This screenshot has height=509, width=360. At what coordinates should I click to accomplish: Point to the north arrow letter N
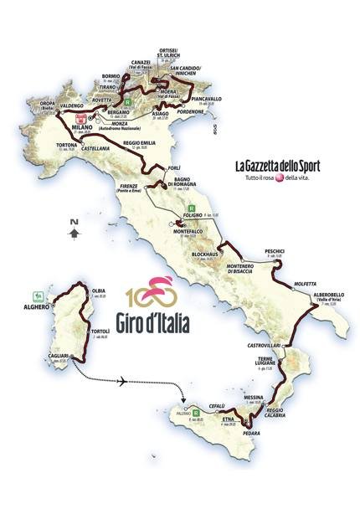pyautogui.click(x=75, y=222)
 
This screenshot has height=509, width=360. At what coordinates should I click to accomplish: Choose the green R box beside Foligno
pyautogui.click(x=192, y=208)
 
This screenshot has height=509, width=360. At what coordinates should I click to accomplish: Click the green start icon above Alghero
pyautogui.click(x=36, y=296)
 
